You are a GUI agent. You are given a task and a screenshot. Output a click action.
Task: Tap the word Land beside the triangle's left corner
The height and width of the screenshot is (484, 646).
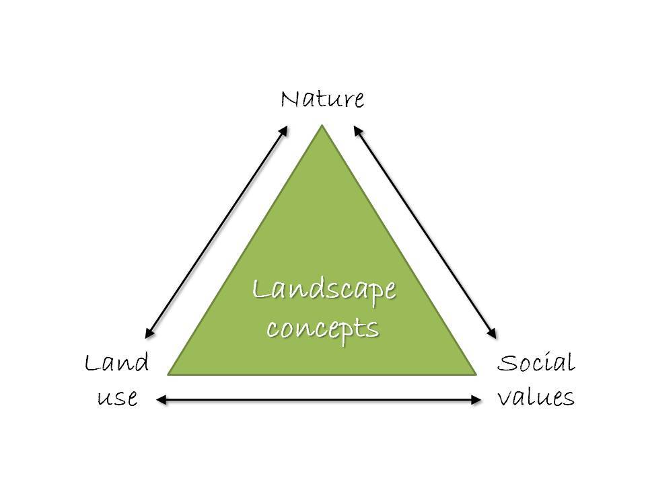tap(116, 364)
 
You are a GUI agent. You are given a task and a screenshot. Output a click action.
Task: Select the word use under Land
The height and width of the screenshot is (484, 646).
tap(118, 397)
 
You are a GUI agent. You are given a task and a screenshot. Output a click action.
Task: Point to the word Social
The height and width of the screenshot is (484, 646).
tap(536, 364)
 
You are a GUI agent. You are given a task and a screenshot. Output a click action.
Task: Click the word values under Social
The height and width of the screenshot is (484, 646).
tap(536, 397)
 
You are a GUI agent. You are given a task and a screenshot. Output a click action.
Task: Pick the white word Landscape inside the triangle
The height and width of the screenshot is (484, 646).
tap(324, 291)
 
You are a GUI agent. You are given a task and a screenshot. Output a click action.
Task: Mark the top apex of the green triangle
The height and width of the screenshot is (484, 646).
tap(323, 126)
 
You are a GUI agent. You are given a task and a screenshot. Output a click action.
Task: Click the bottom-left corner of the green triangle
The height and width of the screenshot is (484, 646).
tap(168, 374)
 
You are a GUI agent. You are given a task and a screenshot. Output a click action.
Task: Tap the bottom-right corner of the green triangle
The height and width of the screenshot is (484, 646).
tap(477, 374)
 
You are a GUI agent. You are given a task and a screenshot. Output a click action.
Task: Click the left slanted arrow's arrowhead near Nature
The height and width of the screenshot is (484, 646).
tap(286, 128)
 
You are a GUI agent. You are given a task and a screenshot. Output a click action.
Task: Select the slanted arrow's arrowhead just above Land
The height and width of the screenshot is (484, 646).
tap(148, 334)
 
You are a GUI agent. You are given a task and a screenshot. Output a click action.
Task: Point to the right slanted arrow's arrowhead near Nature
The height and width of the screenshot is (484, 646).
tap(357, 128)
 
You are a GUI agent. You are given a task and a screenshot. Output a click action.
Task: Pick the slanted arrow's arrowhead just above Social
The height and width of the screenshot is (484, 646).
tap(495, 334)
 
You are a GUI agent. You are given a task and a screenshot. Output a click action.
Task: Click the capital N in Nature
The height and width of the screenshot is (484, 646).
tap(290, 100)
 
